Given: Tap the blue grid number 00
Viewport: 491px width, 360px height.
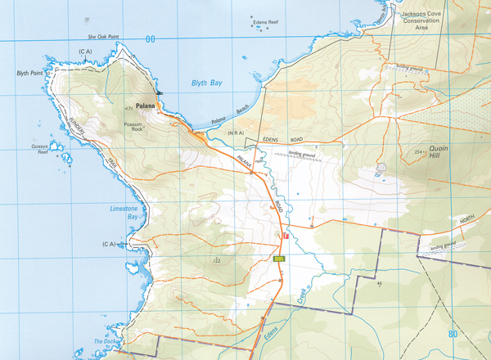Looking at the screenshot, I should (149, 38).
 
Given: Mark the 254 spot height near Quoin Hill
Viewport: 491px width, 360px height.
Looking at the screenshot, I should (418, 152).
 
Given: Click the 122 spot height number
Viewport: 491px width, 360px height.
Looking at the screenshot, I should (216, 261).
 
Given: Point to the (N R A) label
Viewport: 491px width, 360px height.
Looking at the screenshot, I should (237, 132).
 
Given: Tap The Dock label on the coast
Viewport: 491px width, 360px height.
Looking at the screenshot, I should (106, 342).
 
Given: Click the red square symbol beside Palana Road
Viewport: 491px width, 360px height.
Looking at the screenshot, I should (285, 236).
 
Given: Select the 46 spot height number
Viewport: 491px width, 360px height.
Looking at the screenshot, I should (381, 284).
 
